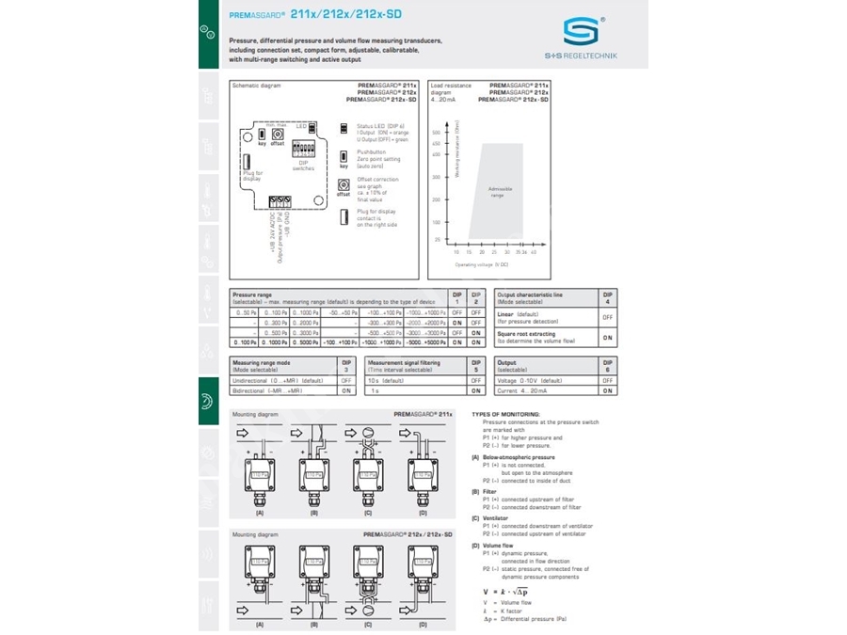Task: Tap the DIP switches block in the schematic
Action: [x=303, y=150]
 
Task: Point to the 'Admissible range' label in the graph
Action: [x=500, y=191]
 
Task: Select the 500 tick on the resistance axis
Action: [x=437, y=133]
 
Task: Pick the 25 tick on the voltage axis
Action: [x=495, y=252]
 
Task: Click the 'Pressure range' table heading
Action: [x=252, y=294]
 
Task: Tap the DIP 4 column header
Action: [x=607, y=298]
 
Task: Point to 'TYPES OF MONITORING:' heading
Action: [x=506, y=414]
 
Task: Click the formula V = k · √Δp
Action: [x=505, y=591]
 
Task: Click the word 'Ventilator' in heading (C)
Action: [x=498, y=516]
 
